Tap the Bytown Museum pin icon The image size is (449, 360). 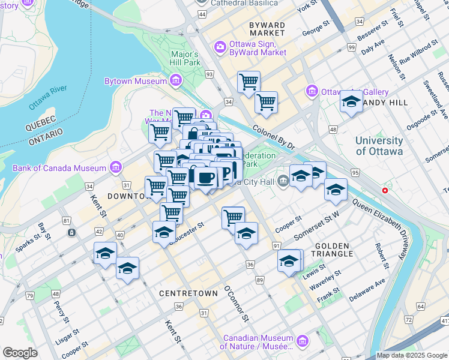[x=176, y=80]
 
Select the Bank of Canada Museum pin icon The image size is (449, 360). [x=116, y=168]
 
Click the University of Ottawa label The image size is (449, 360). [x=379, y=146]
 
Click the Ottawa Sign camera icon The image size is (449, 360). [x=220, y=46]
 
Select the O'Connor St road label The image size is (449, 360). [x=236, y=303]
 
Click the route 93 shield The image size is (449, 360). [x=209, y=74]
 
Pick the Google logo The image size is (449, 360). [x=20, y=353]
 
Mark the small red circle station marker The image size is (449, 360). [x=385, y=190]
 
